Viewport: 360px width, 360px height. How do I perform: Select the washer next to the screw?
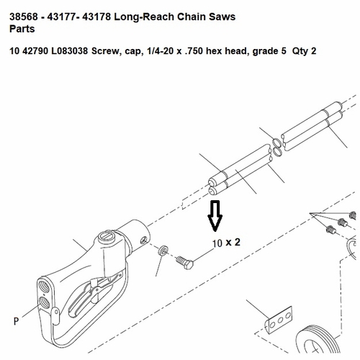163,251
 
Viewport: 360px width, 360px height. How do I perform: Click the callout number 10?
217,243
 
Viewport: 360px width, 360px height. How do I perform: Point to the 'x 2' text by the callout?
233,242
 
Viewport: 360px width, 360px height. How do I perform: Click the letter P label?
16,321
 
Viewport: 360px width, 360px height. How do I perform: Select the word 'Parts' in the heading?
22,29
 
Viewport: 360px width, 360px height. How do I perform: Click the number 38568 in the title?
24,17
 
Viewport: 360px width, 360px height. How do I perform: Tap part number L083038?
70,51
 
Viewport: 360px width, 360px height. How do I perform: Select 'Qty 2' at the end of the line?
304,51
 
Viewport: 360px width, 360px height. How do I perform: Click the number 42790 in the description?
35,51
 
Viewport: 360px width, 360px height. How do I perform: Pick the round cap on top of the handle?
107,235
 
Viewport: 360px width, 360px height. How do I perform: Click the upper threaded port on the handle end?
44,287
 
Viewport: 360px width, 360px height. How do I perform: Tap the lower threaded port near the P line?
44,303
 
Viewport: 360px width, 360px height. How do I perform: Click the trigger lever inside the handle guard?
96,292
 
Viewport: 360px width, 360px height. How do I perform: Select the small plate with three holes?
280,320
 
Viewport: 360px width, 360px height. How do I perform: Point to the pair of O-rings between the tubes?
278,147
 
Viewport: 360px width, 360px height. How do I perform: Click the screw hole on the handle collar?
143,240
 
